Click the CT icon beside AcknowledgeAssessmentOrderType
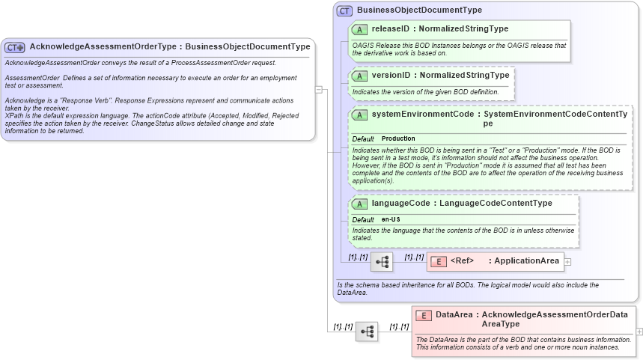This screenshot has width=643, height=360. (15, 46)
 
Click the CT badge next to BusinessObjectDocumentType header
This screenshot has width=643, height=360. (344, 10)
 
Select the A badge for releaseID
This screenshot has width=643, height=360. (359, 29)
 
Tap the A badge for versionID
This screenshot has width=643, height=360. (359, 76)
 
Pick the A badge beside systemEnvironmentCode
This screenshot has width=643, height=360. (359, 115)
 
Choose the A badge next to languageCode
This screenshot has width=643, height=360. (359, 204)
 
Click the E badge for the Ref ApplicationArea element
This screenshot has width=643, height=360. (437, 261)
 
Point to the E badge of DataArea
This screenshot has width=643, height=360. (423, 315)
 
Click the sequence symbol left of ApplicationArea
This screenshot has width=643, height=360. (382, 261)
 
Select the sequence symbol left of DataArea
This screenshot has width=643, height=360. (367, 331)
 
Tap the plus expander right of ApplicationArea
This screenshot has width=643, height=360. (567, 262)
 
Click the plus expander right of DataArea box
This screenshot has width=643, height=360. (639, 331)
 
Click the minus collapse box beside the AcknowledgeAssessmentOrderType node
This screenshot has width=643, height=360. (318, 89)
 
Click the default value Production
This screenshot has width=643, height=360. (398, 139)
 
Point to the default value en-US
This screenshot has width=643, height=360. (391, 219)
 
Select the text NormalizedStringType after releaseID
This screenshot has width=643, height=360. (463, 29)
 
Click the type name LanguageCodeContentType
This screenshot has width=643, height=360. (496, 204)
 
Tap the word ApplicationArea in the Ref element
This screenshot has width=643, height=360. (526, 261)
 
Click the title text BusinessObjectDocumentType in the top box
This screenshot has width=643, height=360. (419, 10)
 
